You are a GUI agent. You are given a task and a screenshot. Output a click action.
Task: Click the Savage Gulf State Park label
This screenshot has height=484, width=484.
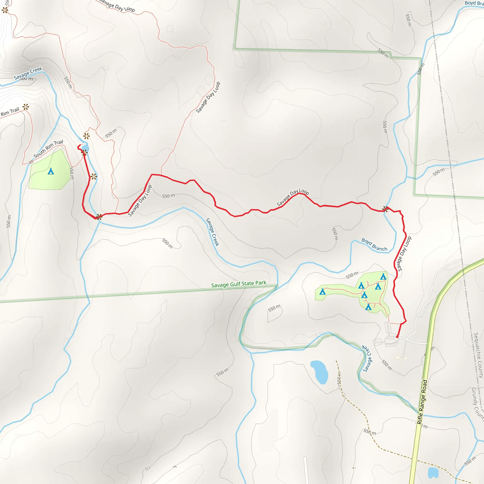238,284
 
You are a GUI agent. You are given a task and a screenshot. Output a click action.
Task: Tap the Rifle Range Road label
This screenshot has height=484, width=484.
422,402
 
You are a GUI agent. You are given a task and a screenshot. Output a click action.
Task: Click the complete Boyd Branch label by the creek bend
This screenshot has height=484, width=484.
374,245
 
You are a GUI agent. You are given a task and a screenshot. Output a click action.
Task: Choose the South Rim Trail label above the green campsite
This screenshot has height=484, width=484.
48,149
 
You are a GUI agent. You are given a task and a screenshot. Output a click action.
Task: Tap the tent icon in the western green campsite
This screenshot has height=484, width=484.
51,171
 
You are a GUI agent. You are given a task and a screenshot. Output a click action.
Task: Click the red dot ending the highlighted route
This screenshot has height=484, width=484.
397,337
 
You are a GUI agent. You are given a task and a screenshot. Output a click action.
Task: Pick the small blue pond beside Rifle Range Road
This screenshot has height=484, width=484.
433,472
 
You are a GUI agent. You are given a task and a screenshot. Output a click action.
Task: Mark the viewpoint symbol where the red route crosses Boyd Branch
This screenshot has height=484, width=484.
385,209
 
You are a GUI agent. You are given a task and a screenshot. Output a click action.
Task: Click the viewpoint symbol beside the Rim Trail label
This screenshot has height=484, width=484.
26,107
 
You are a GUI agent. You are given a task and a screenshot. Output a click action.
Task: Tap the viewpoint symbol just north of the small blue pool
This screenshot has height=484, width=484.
86,136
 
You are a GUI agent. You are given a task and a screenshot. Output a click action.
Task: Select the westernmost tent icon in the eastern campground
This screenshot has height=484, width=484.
322,292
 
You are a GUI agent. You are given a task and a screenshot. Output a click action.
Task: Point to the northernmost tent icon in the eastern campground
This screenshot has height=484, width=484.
383,277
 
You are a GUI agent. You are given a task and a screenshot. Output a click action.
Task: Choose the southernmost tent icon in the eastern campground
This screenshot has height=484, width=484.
368,307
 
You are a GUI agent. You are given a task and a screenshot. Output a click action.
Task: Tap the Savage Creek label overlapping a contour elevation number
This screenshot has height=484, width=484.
28,73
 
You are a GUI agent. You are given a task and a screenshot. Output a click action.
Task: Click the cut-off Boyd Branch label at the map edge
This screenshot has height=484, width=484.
474,3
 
